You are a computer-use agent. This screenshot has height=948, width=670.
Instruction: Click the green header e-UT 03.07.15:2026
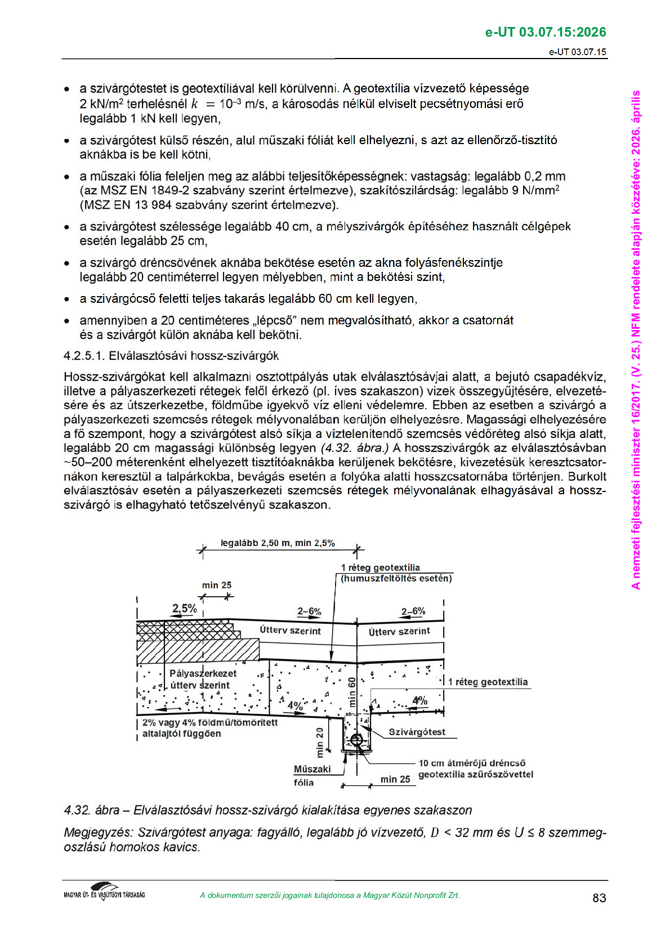click(545, 32)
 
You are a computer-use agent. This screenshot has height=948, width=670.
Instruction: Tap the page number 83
click(599, 898)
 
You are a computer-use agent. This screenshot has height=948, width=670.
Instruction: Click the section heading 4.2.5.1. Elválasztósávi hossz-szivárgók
click(171, 356)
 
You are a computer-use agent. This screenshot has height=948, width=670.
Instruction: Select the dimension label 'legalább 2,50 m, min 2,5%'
click(278, 543)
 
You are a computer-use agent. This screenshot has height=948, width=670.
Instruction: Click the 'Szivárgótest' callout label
click(417, 732)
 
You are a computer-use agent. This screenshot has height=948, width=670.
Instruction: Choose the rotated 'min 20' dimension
click(320, 741)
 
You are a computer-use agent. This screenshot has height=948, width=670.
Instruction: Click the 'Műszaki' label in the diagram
click(312, 769)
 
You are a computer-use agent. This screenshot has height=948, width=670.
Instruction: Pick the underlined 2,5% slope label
click(184, 609)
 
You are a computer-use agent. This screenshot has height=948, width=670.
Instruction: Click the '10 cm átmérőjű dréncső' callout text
click(472, 763)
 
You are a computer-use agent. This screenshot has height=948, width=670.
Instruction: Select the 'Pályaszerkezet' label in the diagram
click(203, 673)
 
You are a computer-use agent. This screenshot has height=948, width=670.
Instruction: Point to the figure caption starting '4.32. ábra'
click(267, 810)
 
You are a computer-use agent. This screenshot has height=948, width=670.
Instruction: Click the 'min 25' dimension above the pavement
click(217, 585)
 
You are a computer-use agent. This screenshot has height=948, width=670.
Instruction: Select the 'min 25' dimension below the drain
click(395, 779)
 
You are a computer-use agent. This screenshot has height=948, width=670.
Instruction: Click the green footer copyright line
click(329, 895)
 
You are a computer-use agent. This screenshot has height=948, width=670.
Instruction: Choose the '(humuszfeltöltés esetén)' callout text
click(396, 578)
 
